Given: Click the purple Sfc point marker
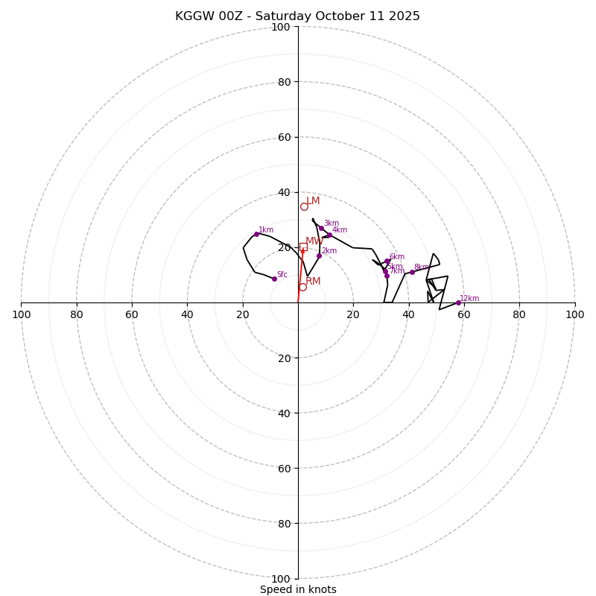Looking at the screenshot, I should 274,279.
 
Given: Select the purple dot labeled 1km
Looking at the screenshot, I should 256,234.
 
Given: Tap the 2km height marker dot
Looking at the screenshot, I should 319,256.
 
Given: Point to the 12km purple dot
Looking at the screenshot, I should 458,302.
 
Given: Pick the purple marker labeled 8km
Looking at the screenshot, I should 412,272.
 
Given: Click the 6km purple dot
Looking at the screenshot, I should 387,261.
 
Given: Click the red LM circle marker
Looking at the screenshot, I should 304,206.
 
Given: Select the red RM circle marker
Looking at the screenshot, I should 302,287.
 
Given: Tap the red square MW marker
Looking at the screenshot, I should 303,247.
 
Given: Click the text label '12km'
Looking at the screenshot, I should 469,298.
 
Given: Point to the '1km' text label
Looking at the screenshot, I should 266,230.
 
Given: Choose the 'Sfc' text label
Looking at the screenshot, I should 282,274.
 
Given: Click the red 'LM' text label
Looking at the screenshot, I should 313,201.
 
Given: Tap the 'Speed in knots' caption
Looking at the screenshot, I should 298,589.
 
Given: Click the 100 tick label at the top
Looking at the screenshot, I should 281,28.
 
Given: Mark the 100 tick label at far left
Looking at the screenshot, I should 21,314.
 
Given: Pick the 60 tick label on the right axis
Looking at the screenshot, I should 464,314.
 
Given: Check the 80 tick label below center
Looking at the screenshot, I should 281,524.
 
